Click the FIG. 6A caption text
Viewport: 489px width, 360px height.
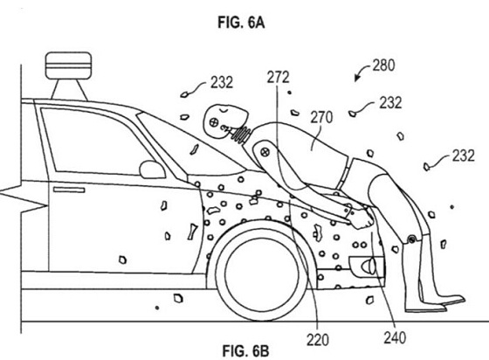click(241, 23)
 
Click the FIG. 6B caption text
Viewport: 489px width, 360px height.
click(245, 350)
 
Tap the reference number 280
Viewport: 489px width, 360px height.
click(383, 66)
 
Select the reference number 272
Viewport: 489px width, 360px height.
click(279, 78)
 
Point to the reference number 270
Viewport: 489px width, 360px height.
click(321, 118)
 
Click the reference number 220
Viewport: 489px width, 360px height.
click(318, 339)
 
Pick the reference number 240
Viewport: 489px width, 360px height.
click(395, 337)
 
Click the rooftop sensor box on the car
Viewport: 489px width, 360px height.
click(69, 66)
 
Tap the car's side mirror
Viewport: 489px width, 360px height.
click(152, 170)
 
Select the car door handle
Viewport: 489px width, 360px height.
click(69, 190)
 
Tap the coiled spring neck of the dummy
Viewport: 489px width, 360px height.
click(241, 134)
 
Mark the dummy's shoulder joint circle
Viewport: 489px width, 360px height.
click(265, 153)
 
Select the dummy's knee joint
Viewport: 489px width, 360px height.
click(411, 239)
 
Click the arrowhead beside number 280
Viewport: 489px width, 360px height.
click(356, 79)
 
